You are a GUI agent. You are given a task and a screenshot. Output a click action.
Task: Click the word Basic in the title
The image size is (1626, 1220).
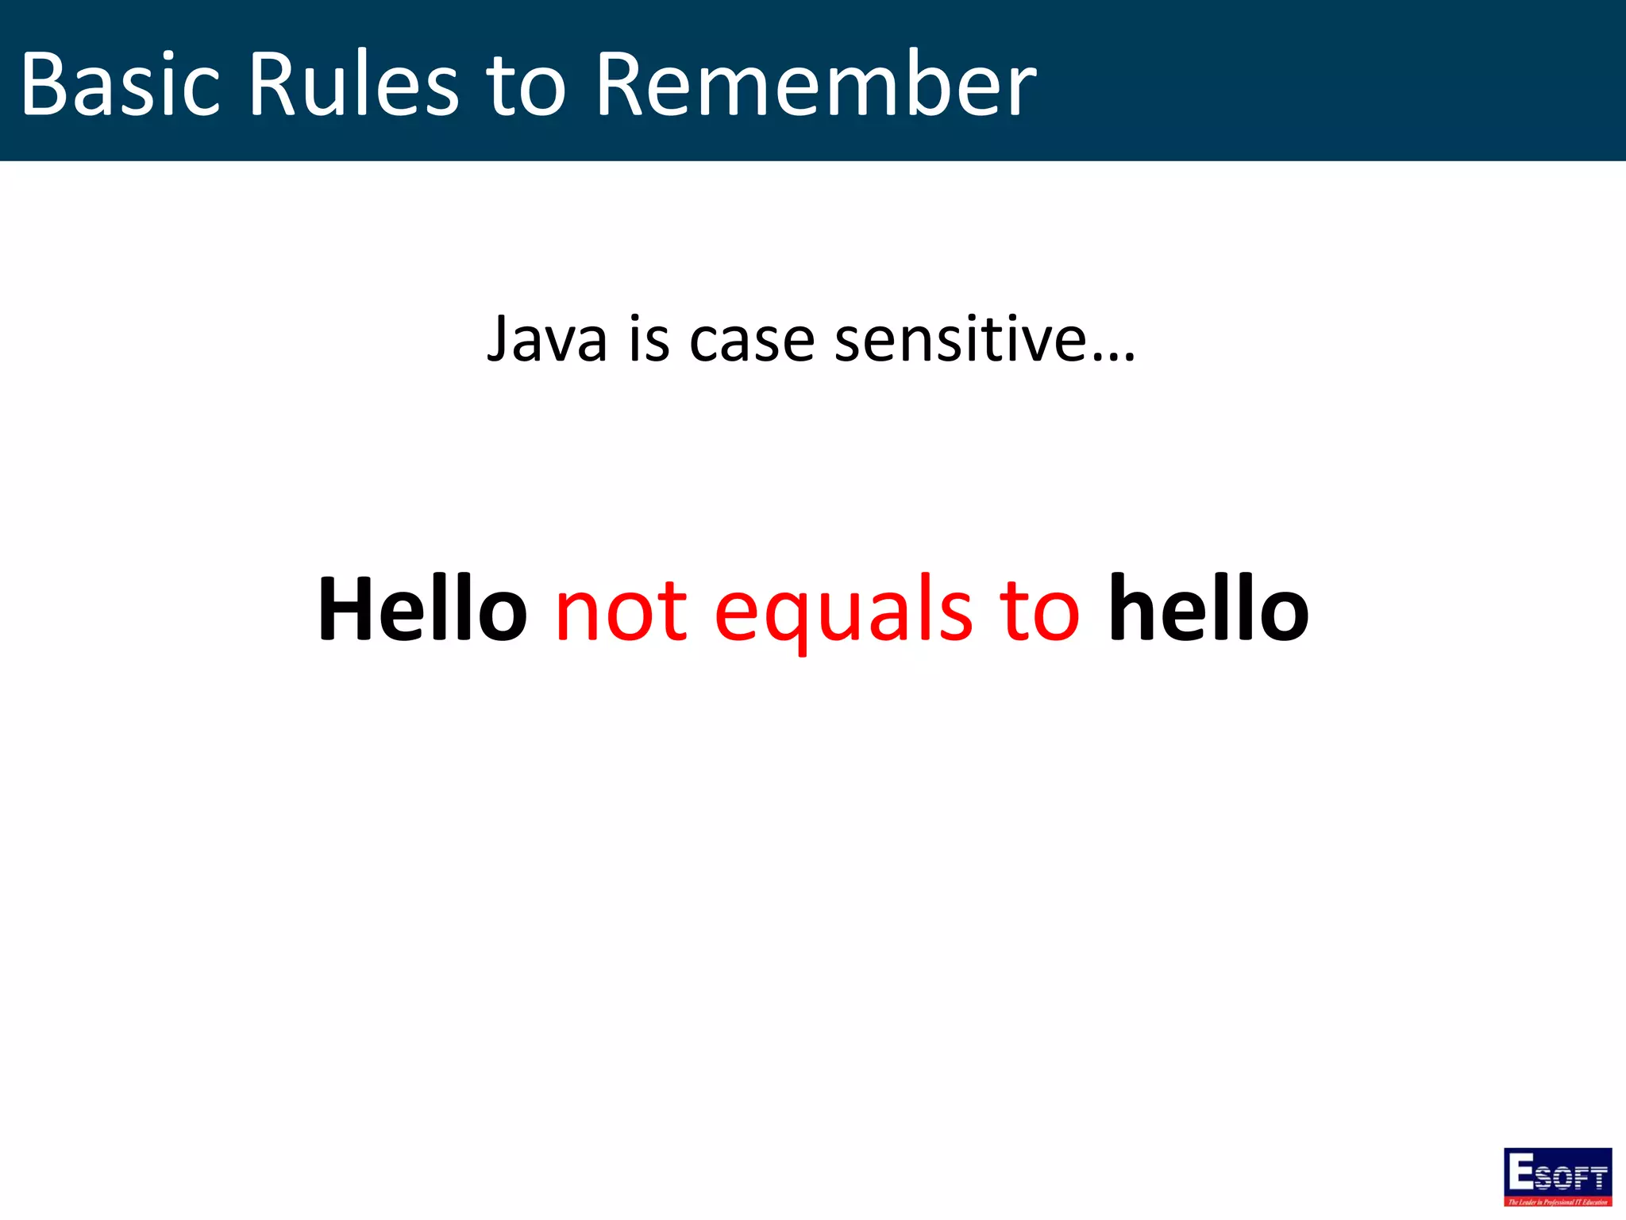tap(119, 84)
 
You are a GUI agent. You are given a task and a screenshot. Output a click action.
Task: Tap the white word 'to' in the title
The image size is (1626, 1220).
tap(525, 84)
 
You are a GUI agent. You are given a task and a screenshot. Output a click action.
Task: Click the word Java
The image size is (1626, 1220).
tap(547, 340)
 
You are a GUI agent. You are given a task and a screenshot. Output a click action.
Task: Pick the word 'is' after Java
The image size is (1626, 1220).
tap(649, 340)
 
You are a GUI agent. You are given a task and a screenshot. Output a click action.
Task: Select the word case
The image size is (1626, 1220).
tap(752, 340)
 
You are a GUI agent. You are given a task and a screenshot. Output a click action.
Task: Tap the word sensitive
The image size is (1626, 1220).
tap(961, 340)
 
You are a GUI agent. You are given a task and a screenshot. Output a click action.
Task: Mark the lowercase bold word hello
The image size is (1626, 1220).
tap(1208, 609)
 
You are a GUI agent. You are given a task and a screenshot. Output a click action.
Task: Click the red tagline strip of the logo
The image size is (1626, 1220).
tap(1558, 1202)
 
